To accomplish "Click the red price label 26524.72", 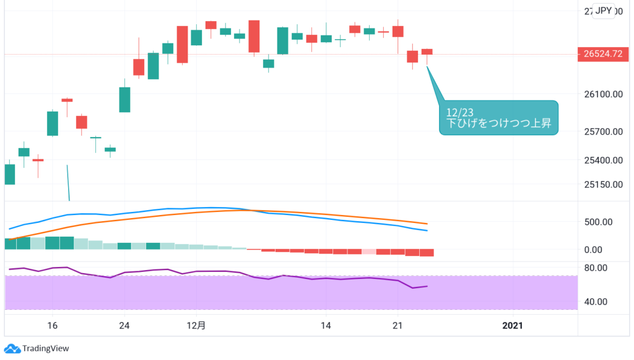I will pyautogui.click(x=602, y=54).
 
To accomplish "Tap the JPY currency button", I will pyautogui.click(x=603, y=11).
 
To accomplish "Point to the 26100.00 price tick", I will pyautogui.click(x=602, y=94).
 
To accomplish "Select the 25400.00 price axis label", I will pyautogui.click(x=602, y=160).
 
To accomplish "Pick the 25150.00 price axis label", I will pyautogui.click(x=602, y=184).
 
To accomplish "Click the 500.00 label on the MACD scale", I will pyautogui.click(x=599, y=222).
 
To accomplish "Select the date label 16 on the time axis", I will pyautogui.click(x=52, y=325).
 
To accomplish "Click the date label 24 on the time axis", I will pyautogui.click(x=124, y=325).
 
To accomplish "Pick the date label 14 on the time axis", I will pyautogui.click(x=326, y=325).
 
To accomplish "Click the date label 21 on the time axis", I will pyautogui.click(x=398, y=325).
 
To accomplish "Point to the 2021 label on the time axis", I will pyautogui.click(x=513, y=325).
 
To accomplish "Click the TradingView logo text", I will pyautogui.click(x=45, y=349).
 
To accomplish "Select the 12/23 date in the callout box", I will pyautogui.click(x=459, y=112).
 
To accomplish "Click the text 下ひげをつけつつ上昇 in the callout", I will pyautogui.click(x=498, y=124).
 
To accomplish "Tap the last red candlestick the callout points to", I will pyautogui.click(x=427, y=51).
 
